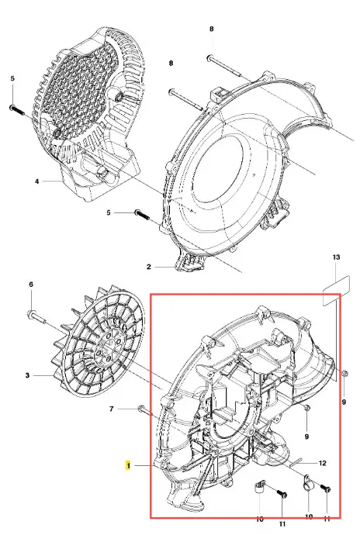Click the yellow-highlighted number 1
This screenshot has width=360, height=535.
coord(128,465)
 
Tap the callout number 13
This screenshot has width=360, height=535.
coord(336,257)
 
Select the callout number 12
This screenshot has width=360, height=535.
coord(322,463)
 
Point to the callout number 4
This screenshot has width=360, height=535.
coord(37,181)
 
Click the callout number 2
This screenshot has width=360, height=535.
coord(148,267)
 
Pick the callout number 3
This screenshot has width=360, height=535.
coord(27,375)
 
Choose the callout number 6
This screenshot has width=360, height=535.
coord(31,285)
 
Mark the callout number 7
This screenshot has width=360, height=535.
coord(112,409)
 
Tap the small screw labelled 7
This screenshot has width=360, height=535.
coord(145,410)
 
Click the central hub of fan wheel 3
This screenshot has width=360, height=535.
coord(108,347)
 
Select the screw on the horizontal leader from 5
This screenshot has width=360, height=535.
coord(143,215)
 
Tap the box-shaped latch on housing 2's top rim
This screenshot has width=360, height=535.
coord(218,93)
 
